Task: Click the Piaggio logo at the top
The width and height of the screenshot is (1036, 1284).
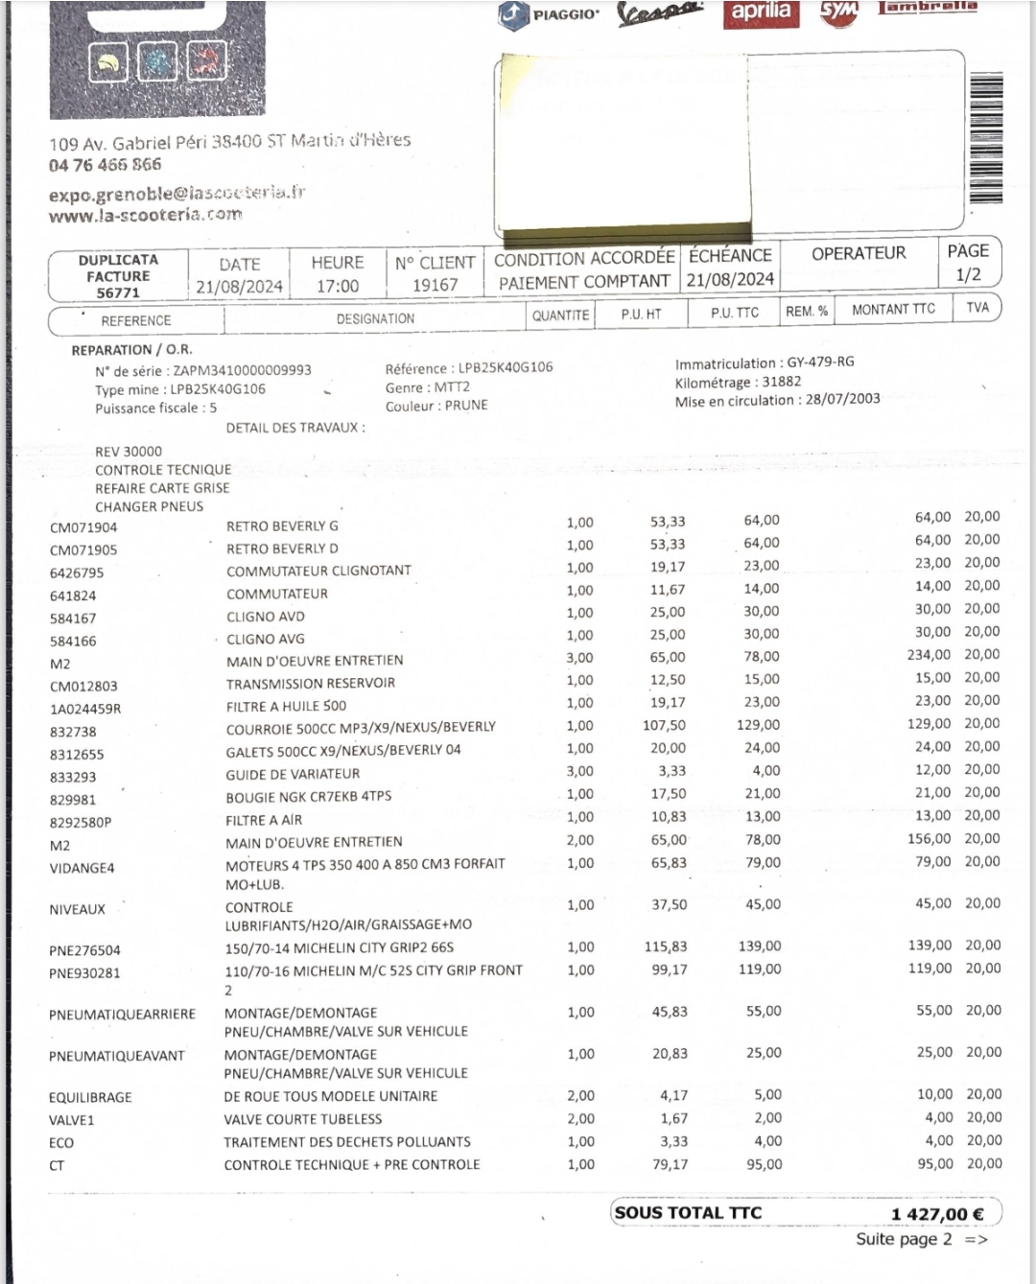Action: tap(550, 14)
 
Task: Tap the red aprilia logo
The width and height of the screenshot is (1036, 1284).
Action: tap(761, 12)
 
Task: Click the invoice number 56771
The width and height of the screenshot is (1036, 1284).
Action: tap(118, 292)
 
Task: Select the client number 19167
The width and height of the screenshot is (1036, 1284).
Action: tap(435, 285)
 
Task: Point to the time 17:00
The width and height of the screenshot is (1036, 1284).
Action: tap(337, 286)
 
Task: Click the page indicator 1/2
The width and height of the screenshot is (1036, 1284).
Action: tap(968, 275)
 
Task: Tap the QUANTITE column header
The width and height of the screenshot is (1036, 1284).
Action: tap(560, 315)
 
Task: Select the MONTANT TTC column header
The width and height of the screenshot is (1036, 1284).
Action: tap(893, 309)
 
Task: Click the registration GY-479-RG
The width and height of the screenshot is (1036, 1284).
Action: tap(820, 362)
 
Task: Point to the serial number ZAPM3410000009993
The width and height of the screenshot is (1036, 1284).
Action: tap(242, 370)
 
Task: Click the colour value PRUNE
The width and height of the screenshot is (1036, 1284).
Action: tap(465, 406)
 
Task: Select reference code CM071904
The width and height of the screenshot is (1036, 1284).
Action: tap(83, 527)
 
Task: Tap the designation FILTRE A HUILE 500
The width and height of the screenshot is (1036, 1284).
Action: tap(286, 706)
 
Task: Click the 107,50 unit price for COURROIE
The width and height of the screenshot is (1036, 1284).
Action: tap(664, 726)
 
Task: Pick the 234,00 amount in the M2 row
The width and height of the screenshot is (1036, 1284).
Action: tap(929, 655)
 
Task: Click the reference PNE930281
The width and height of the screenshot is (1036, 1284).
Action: tap(84, 973)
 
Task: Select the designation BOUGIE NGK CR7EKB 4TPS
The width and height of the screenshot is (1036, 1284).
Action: tap(308, 797)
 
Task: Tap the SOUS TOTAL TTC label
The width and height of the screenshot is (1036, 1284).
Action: tap(688, 1213)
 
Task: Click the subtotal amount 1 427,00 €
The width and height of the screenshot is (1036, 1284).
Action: tap(937, 1214)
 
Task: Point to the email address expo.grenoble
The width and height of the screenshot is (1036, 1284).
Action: tap(177, 194)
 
